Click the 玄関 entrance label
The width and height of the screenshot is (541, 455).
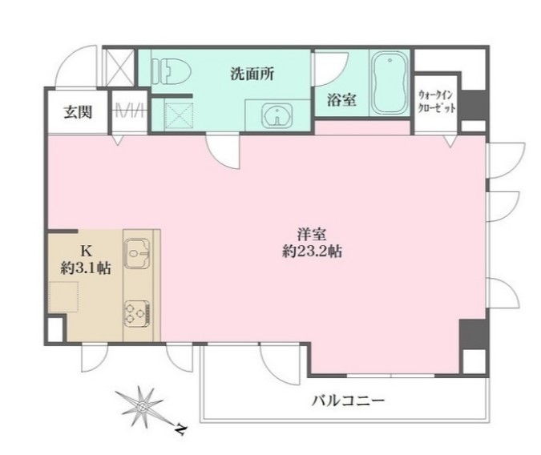pyautogui.click(x=78, y=111)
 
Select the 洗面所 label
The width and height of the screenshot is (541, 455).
pyautogui.click(x=252, y=74)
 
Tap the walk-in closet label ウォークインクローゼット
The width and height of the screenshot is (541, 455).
pyautogui.click(x=436, y=101)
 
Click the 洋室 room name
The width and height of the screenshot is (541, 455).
pyautogui.click(x=307, y=235)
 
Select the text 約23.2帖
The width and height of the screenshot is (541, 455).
pyautogui.click(x=307, y=252)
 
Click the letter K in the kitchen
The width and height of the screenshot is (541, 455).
pyautogui.click(x=85, y=250)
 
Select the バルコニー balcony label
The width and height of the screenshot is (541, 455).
pyautogui.click(x=348, y=400)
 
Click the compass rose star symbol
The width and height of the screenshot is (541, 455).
pyautogui.click(x=143, y=408)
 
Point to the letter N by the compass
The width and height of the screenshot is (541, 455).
pyautogui.click(x=180, y=430)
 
